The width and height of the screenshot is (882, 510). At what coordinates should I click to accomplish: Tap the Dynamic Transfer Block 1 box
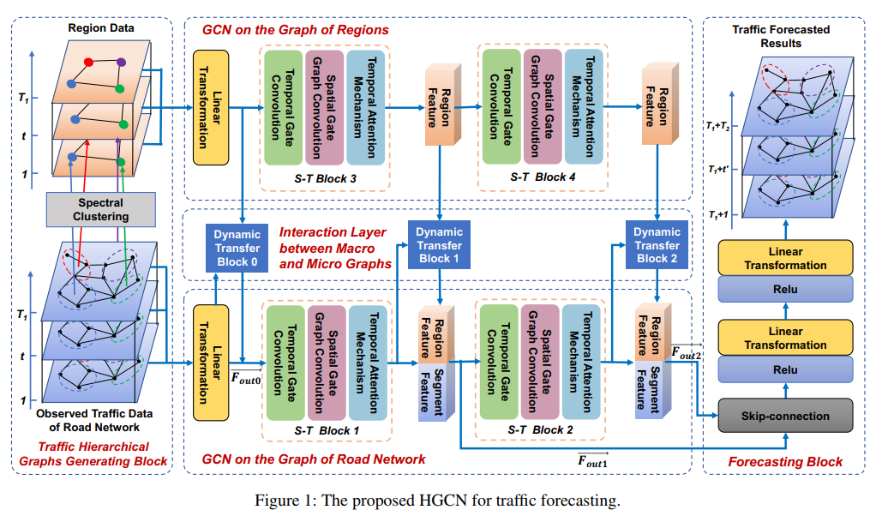coord(439,244)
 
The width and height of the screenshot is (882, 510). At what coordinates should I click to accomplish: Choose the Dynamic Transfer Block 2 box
coord(657,244)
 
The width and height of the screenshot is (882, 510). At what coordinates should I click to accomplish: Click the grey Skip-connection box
coord(784,417)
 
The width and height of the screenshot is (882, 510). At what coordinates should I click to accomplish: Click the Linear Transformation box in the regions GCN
coord(213,107)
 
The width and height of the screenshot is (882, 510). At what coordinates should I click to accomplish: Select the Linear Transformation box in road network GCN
coord(213,363)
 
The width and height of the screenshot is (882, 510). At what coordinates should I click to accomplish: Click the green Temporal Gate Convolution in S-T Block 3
coord(280,107)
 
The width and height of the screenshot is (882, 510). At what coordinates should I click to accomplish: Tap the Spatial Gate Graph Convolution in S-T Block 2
coord(542,361)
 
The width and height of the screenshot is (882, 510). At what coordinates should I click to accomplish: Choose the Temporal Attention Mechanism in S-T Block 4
coord(585,107)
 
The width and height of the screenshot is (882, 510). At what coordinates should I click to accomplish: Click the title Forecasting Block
coord(785,461)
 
